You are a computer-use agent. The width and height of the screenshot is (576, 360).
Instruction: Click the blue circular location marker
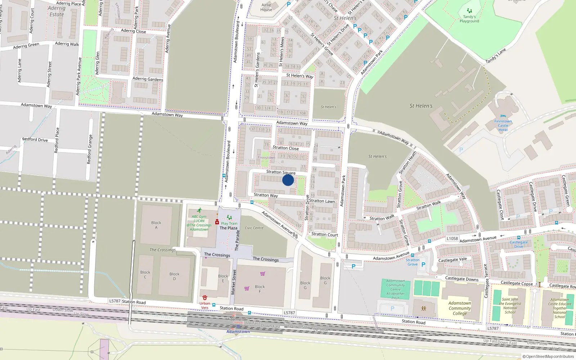[x=288, y=180]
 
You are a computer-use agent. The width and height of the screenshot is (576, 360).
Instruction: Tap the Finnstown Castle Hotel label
[x=503, y=125]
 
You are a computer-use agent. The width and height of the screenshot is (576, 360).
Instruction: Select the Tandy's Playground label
[x=469, y=19]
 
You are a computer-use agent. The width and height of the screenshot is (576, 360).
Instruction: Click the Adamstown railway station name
[x=238, y=332]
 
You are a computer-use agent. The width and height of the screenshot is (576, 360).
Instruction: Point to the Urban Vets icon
[x=205, y=298]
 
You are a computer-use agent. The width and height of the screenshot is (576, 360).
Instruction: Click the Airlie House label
[x=266, y=7]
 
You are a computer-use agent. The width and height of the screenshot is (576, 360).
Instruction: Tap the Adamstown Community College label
[x=460, y=308]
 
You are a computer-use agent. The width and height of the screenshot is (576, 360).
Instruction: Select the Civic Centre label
[x=254, y=228]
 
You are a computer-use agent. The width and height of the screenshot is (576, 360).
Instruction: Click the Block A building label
[x=156, y=225]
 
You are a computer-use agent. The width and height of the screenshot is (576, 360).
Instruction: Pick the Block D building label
[x=175, y=276]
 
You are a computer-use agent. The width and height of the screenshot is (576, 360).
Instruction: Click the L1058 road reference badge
[x=452, y=238]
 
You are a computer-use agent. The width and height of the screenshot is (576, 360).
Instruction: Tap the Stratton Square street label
[x=281, y=172]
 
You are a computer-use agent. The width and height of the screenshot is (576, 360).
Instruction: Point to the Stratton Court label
[x=325, y=234]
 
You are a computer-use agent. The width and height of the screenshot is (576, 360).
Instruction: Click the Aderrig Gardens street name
[x=148, y=79]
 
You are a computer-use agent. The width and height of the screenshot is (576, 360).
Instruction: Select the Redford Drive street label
[x=35, y=139]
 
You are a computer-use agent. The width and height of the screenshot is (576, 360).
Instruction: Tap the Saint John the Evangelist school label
[x=510, y=306]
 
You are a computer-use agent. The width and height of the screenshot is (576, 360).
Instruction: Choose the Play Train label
[x=229, y=223]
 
